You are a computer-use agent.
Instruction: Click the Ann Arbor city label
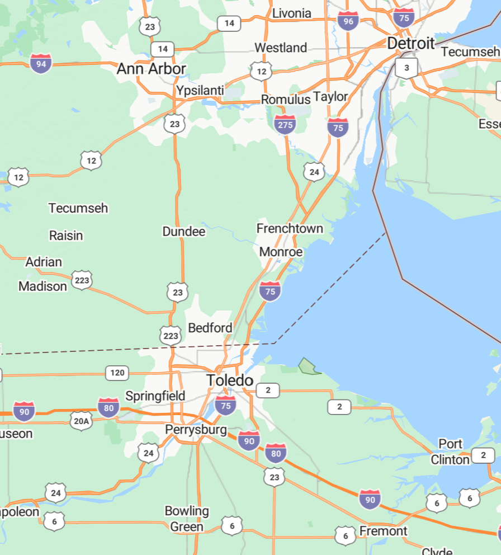(151, 69)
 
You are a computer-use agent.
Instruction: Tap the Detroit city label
(410, 43)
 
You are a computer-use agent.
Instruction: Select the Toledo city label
(230, 380)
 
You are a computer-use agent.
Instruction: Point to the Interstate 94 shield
(41, 64)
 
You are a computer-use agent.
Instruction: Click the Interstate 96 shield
(348, 21)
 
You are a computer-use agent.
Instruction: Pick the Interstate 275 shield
(285, 124)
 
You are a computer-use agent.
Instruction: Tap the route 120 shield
(117, 373)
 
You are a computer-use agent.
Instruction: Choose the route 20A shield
(81, 420)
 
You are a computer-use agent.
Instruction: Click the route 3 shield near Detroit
(407, 68)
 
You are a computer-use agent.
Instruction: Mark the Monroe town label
(281, 252)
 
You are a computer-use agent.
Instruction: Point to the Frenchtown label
(290, 228)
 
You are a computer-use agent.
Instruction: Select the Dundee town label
(184, 232)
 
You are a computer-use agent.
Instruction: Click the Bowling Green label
(187, 519)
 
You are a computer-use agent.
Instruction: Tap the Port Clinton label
(450, 451)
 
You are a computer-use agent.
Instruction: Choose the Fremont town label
(383, 530)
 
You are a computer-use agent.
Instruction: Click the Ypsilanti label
(200, 91)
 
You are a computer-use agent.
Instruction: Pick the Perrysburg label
(196, 430)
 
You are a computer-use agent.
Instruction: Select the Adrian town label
(44, 262)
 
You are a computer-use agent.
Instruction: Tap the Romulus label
(285, 100)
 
